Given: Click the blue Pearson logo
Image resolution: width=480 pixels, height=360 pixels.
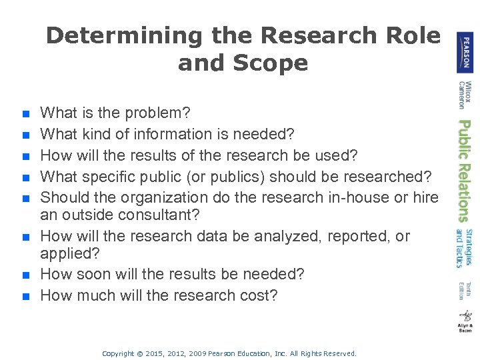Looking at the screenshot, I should (x=465, y=52).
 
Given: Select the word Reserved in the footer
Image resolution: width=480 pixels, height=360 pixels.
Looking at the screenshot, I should (x=337, y=353).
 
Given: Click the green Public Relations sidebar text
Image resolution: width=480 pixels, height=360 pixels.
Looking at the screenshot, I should (x=463, y=170).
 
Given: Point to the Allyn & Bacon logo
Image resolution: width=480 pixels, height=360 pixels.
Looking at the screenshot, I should (x=465, y=321).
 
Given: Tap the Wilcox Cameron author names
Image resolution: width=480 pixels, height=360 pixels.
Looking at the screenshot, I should (x=464, y=95).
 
